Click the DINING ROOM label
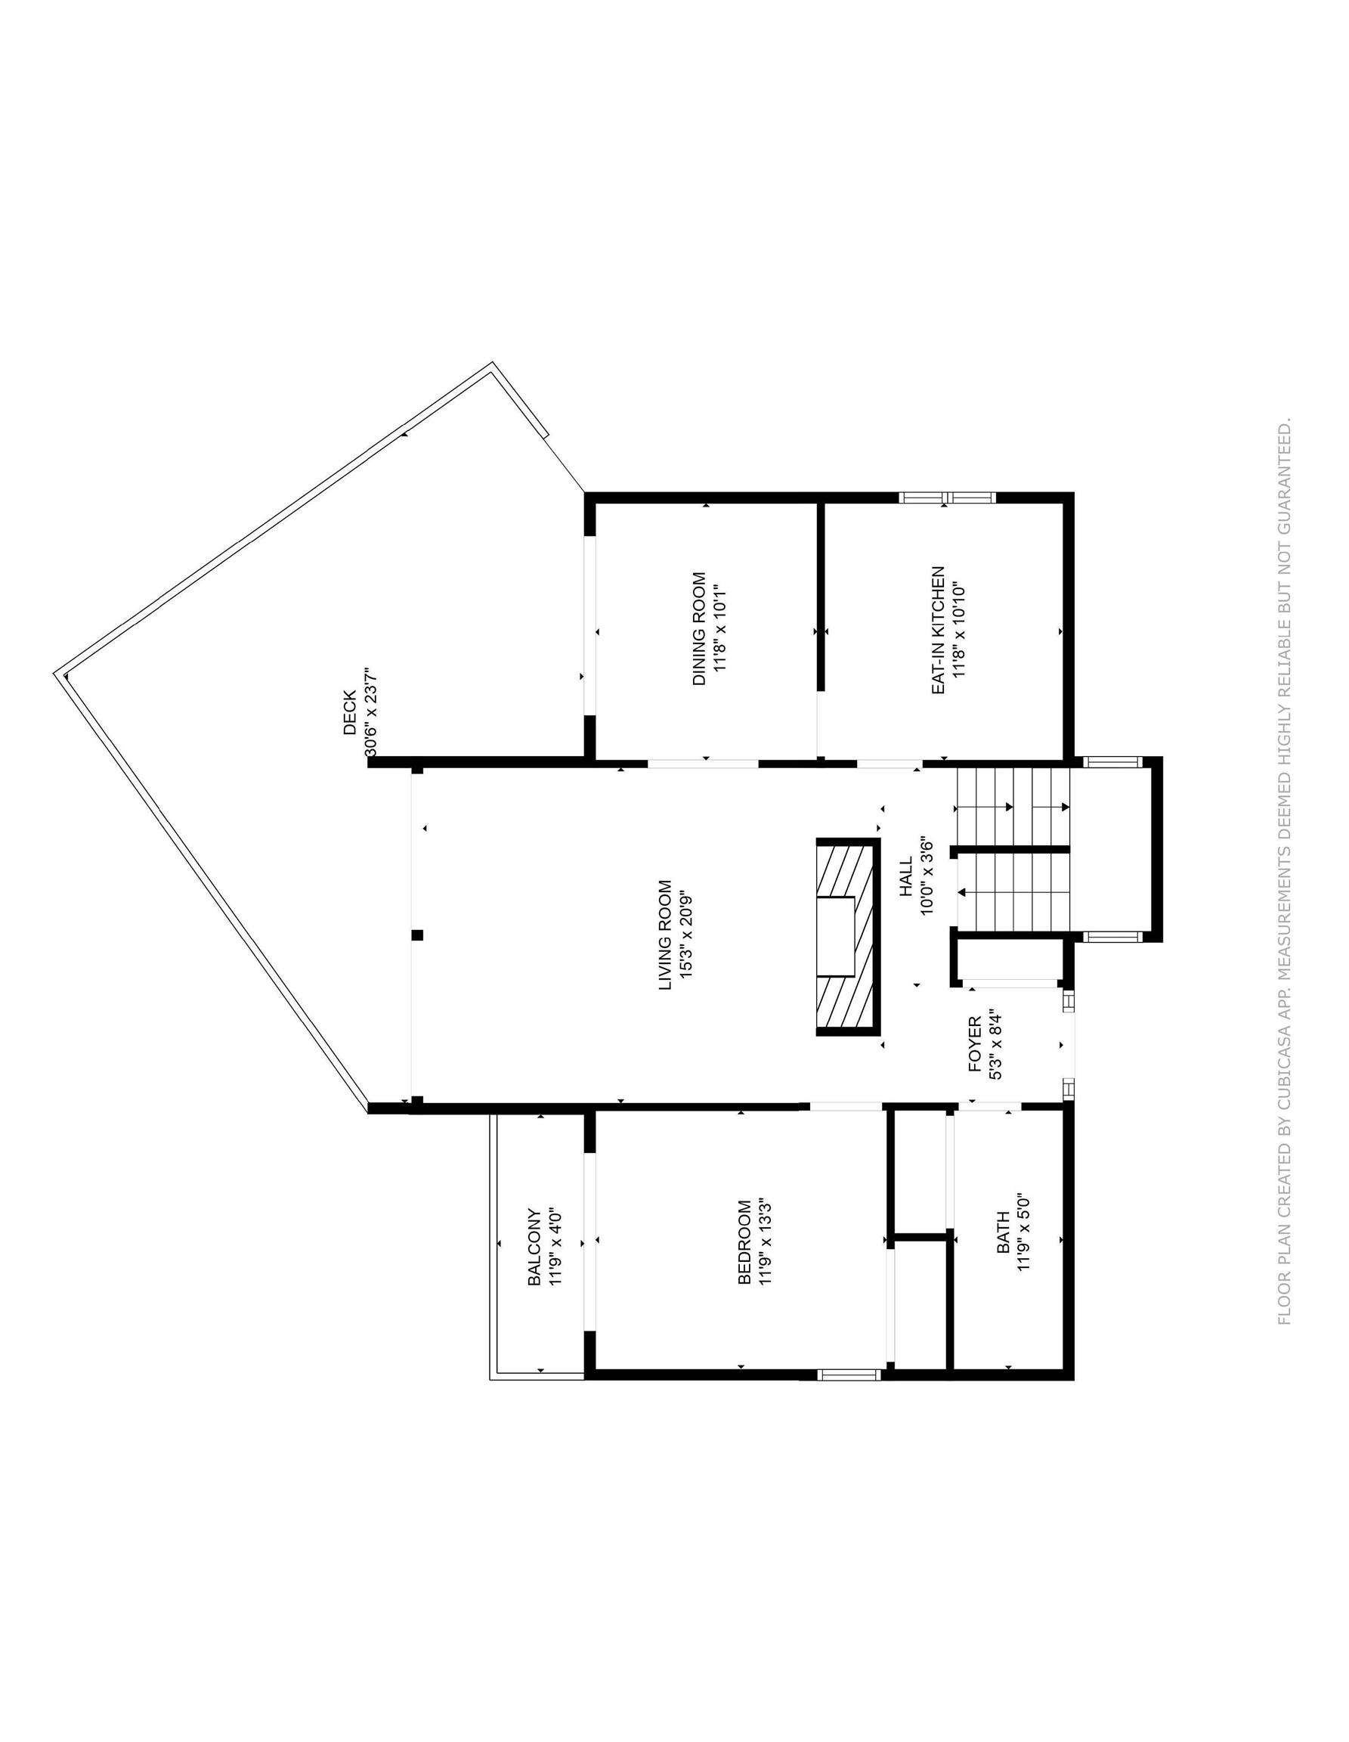pyautogui.click(x=698, y=628)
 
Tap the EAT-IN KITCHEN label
pyautogui.click(x=938, y=630)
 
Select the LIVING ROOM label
pyautogui.click(x=665, y=935)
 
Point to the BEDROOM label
pyautogui.click(x=744, y=1253)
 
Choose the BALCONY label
pyautogui.click(x=534, y=1247)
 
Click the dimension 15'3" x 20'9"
pyautogui.click(x=686, y=935)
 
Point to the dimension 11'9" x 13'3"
pyautogui.click(x=766, y=1253)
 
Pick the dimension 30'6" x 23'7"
pyautogui.click(x=371, y=712)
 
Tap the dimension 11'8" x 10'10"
pyautogui.click(x=959, y=630)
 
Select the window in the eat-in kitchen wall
pyautogui.click(x=947, y=497)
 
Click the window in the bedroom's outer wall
pyautogui.click(x=849, y=1375)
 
